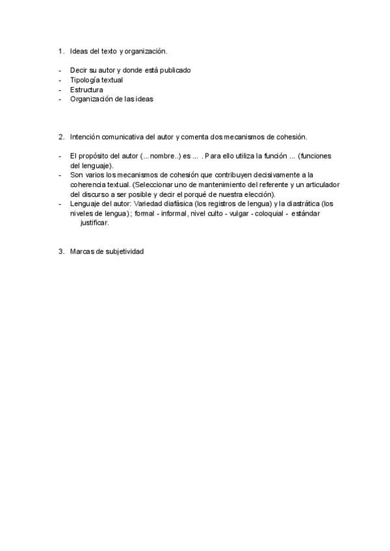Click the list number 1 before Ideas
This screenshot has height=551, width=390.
[60, 51]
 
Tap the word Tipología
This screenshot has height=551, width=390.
[84, 80]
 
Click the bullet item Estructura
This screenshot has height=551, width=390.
[86, 90]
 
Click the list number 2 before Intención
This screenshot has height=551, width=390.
[60, 137]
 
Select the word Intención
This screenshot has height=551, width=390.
[86, 137]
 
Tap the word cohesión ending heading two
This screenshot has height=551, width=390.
[291, 137]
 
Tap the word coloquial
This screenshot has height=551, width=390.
[267, 213]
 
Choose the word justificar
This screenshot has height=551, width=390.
[94, 223]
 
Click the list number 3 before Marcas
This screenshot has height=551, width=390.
[60, 251]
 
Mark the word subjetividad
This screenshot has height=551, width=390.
[123, 251]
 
